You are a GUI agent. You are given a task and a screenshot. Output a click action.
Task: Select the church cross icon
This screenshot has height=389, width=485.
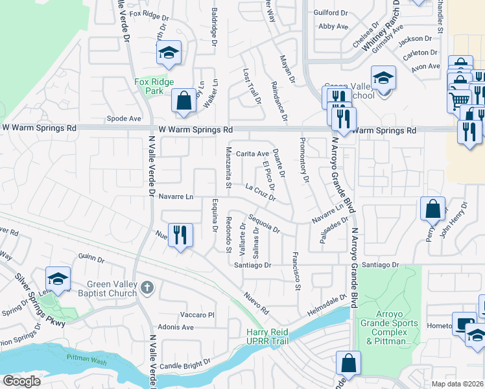tap(147, 287)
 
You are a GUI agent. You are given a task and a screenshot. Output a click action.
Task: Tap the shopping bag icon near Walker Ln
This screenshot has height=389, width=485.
tap(184, 100)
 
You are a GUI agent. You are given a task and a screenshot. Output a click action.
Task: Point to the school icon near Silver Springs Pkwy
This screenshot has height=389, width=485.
tap(58, 279)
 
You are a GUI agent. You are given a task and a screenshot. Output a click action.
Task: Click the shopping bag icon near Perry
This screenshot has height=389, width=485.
tap(432, 209)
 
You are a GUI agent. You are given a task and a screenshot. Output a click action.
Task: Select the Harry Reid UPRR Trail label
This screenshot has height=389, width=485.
tap(272, 336)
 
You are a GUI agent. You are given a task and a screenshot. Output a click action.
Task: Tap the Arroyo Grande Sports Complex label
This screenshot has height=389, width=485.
tap(390, 331)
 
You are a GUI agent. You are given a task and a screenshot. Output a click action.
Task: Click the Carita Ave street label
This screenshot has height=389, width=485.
tap(252, 154)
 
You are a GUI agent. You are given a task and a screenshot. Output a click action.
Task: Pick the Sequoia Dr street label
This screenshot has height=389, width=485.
tap(263, 225)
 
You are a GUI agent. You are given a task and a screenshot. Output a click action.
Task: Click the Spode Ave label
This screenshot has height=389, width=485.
tap(124, 119)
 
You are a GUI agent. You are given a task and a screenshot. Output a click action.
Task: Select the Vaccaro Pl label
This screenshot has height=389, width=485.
tap(193, 314)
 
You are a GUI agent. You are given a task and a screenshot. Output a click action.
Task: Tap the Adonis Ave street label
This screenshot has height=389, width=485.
tap(176, 327)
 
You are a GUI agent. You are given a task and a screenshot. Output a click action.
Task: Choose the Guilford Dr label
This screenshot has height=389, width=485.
tap(331, 12)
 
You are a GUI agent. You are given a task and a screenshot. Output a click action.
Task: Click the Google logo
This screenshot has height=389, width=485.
tap(21, 381)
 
